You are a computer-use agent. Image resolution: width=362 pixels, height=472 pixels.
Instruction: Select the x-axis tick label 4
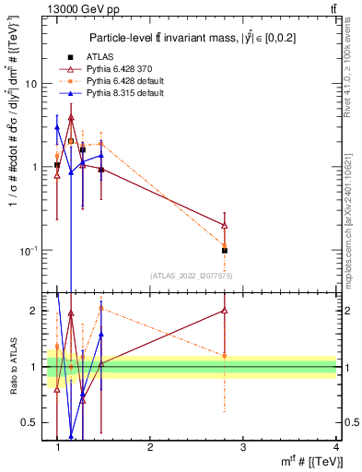coord(336,447)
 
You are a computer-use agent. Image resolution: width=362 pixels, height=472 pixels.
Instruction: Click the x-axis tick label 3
coord(243,447)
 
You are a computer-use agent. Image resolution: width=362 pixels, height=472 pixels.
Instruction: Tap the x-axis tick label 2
coord(150,447)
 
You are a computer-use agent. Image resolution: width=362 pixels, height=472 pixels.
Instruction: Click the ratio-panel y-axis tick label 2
coord(35,311)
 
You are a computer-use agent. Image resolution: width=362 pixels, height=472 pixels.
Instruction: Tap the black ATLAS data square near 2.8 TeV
coord(225,250)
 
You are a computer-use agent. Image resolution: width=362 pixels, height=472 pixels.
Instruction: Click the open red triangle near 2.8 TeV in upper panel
coord(225,225)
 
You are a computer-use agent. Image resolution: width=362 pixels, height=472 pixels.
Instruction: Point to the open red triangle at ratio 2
coord(225,311)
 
